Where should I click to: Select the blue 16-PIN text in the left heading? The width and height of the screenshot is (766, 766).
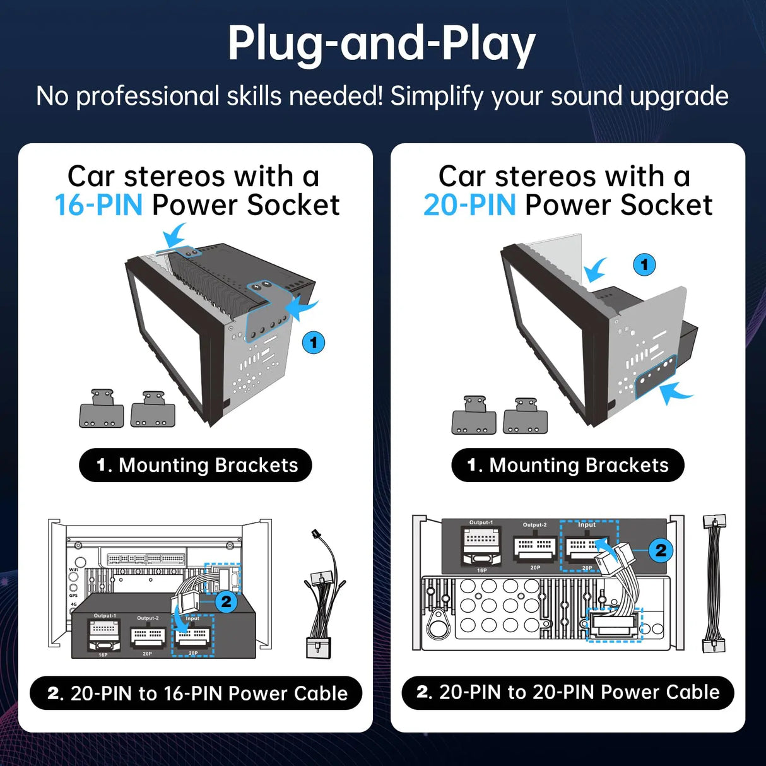click(x=98, y=205)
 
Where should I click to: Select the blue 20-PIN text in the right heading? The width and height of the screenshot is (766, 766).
click(x=469, y=205)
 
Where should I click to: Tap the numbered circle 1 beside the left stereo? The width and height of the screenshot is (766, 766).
click(x=314, y=343)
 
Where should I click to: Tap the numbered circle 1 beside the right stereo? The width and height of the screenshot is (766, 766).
click(x=644, y=264)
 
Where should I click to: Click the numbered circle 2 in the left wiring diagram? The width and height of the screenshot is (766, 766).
click(x=226, y=601)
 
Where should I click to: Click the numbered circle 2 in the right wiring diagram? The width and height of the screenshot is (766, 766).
click(x=661, y=550)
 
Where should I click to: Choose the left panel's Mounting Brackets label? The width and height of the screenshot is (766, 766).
click(x=196, y=465)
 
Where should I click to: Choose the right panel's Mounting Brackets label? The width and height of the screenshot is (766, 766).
click(x=568, y=465)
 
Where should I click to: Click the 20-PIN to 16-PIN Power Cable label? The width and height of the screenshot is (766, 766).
click(x=196, y=693)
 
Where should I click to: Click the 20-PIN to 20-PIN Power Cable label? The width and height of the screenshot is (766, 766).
click(x=568, y=692)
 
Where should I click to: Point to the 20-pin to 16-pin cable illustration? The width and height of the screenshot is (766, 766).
click(x=323, y=596)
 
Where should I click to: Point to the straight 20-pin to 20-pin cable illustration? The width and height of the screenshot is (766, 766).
click(x=714, y=584)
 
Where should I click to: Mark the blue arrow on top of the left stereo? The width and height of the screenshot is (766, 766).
click(x=174, y=237)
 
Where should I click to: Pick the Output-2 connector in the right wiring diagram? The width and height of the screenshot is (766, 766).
click(x=535, y=547)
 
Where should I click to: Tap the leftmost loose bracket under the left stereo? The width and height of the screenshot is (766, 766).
click(x=102, y=410)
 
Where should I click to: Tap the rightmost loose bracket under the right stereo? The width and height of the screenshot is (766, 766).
click(x=526, y=416)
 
